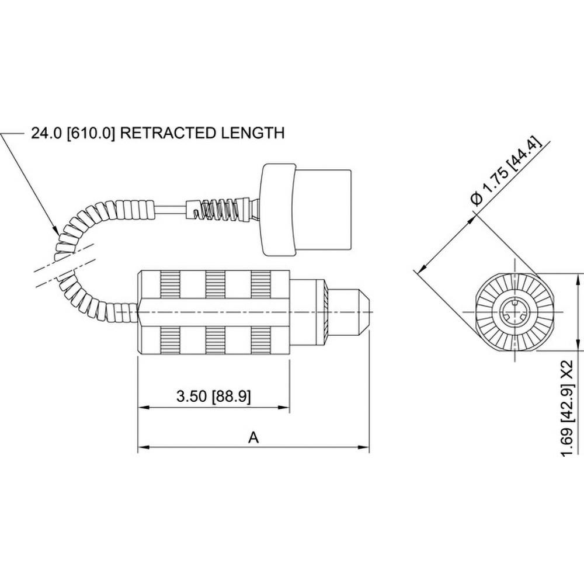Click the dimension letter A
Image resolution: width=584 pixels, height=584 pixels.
click(x=253, y=437)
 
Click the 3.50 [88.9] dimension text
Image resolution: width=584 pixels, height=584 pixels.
click(x=214, y=397)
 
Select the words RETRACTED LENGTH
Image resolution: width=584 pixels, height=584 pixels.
click(x=203, y=133)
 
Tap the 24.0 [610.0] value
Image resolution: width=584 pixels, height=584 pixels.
click(x=73, y=133)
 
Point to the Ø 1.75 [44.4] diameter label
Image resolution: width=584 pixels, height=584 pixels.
click(x=506, y=172)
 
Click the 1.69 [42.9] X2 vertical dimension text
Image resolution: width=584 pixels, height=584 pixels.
click(x=565, y=408)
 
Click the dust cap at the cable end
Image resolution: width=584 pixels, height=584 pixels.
click(x=307, y=210)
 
